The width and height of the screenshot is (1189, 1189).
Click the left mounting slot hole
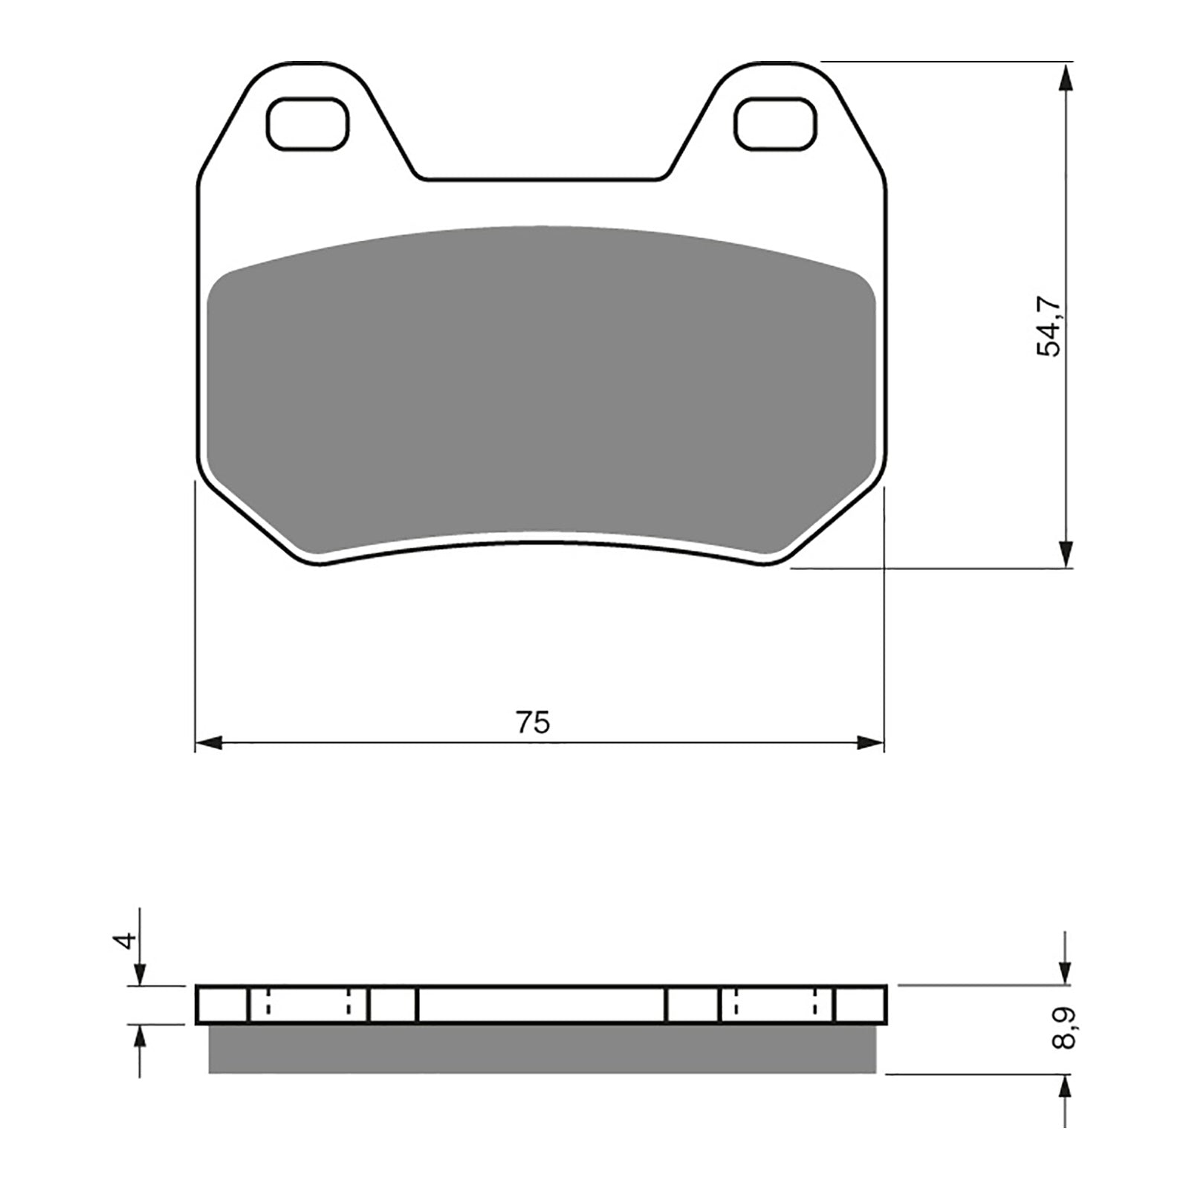tap(308, 123)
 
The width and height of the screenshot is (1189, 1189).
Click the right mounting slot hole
tap(776, 123)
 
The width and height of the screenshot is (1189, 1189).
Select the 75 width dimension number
tap(534, 722)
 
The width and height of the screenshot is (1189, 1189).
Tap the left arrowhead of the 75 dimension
tap(208, 742)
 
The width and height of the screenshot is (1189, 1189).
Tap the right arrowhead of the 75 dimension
tap(871, 742)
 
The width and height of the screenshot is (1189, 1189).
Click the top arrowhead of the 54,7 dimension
tap(1066, 77)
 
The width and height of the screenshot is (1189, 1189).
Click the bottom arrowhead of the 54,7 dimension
tap(1066, 554)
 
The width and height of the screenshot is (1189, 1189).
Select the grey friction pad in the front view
tap(541, 394)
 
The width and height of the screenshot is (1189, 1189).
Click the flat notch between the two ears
tap(541, 180)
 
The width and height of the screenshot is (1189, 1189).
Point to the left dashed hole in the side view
tap(308, 1005)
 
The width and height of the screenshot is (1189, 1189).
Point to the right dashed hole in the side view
tap(776, 1005)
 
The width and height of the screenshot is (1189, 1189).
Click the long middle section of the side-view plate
tap(541, 1005)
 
